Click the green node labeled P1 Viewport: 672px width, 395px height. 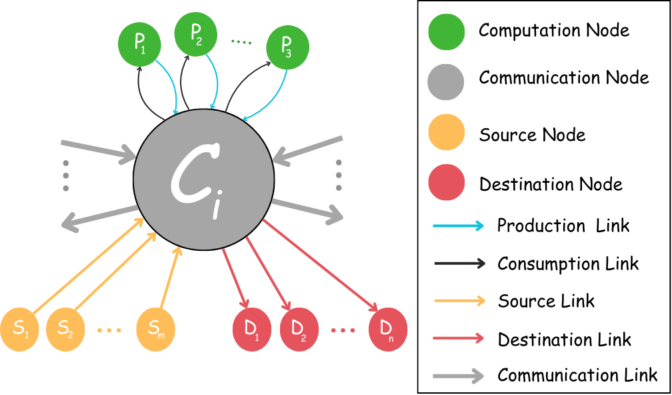coord(139,44)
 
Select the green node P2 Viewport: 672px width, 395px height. coord(196,33)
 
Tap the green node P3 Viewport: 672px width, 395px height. coord(287,47)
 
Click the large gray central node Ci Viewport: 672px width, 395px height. coord(203,179)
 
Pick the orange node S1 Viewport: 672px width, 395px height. coord(19,329)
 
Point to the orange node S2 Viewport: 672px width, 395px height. coord(65,329)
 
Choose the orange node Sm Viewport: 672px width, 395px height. coord(155,329)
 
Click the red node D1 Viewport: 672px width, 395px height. coord(252,329)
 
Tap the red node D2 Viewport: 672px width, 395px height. coord(299,329)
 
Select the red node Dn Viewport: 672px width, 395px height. coord(387,328)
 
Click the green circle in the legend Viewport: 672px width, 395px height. coord(446,32)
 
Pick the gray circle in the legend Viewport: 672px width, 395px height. coord(446,82)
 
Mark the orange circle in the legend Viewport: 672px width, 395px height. coord(446,132)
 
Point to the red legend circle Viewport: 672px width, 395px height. coord(446,182)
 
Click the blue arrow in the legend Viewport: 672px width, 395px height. coord(458,226)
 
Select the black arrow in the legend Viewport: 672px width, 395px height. coord(459,264)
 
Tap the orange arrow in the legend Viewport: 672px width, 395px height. coord(459,301)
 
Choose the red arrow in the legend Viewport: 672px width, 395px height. coord(458,338)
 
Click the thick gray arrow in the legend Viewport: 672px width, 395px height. coord(458,376)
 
